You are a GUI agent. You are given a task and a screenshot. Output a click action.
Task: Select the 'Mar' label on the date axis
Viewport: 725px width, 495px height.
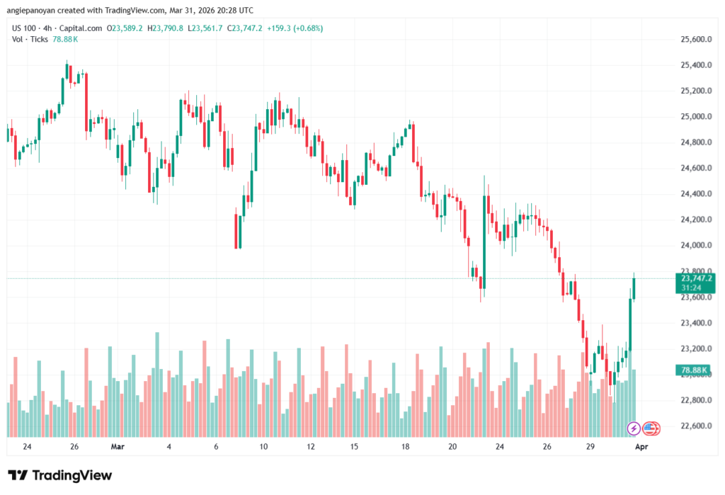click(x=118, y=448)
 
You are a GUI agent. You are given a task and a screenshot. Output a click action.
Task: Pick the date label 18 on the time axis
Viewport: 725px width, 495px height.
click(x=405, y=448)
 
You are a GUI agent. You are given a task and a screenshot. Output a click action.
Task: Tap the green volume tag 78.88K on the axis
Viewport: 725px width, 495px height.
click(x=695, y=370)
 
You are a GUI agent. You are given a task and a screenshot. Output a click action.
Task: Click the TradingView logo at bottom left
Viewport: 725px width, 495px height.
click(x=59, y=475)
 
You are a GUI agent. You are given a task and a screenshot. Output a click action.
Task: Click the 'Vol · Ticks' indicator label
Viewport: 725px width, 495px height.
click(x=30, y=39)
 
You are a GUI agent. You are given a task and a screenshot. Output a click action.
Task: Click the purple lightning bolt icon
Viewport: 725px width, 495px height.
click(x=634, y=428)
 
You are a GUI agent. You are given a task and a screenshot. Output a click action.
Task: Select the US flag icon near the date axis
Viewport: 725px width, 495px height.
click(x=651, y=428)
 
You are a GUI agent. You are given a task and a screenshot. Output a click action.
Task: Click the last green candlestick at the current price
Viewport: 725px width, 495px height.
click(x=634, y=288)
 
